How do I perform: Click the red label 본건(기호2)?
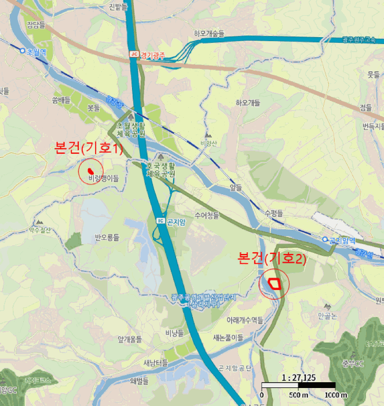pyautogui.click(x=272, y=258)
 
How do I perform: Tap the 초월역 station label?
pyautogui.click(x=35, y=50)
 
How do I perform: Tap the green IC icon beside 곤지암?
pyautogui.click(x=160, y=220)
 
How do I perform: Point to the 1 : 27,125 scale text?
pyautogui.click(x=298, y=377)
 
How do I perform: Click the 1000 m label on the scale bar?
pyautogui.click(x=336, y=395)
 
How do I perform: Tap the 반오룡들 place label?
pyautogui.click(x=107, y=237)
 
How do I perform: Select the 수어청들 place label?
pyautogui.click(x=207, y=215)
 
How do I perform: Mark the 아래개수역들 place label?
pyautogui.click(x=245, y=320)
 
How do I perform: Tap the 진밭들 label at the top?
pyautogui.click(x=119, y=6)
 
